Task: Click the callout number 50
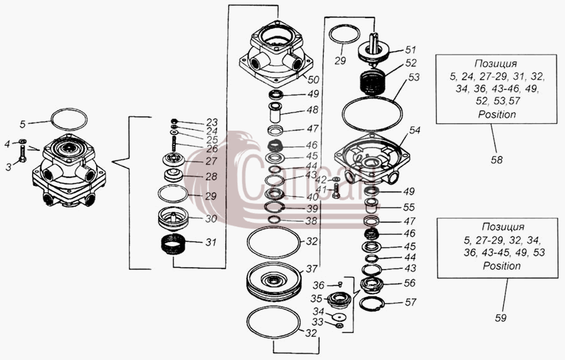point(313,80)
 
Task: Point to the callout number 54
point(414,130)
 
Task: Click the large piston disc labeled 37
point(274,281)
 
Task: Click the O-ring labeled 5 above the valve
point(69,118)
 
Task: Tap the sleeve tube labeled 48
point(276,113)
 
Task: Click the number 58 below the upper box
point(497,160)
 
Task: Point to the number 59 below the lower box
point(500,318)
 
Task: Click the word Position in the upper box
point(497,115)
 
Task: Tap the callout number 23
point(212,122)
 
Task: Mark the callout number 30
point(211,219)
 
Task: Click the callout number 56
point(409,283)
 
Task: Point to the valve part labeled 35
point(338,300)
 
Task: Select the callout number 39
point(312,209)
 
